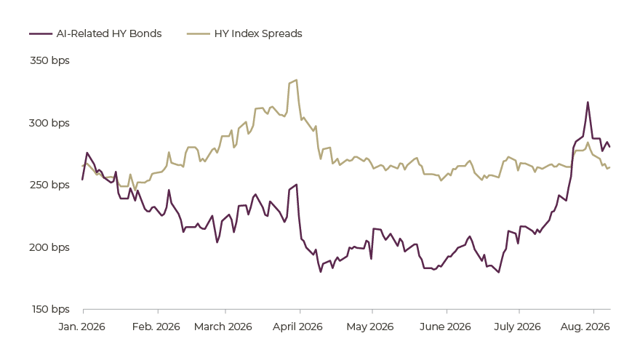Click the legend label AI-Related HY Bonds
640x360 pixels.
click(109, 33)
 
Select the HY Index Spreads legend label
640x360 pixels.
click(258, 33)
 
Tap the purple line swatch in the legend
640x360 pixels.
click(41, 34)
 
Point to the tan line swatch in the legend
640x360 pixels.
click(199, 34)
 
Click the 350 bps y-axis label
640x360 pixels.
click(49, 60)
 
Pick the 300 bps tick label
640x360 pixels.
click(49, 123)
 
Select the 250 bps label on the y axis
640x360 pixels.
click(49, 185)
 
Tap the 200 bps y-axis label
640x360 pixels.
click(49, 247)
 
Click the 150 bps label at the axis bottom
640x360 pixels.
click(51, 309)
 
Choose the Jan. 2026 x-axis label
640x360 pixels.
click(81, 327)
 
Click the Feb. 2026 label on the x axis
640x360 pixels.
click(156, 327)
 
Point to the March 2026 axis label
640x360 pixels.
click(223, 327)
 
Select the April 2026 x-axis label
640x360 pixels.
click(297, 327)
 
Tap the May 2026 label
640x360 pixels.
click(369, 327)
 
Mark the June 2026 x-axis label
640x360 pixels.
click(445, 327)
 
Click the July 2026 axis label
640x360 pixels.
click(517, 327)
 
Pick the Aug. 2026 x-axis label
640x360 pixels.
click(585, 327)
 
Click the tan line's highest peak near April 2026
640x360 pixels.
click(296, 80)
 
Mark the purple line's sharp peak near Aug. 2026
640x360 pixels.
click(588, 102)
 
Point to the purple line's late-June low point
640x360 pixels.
click(498, 272)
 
